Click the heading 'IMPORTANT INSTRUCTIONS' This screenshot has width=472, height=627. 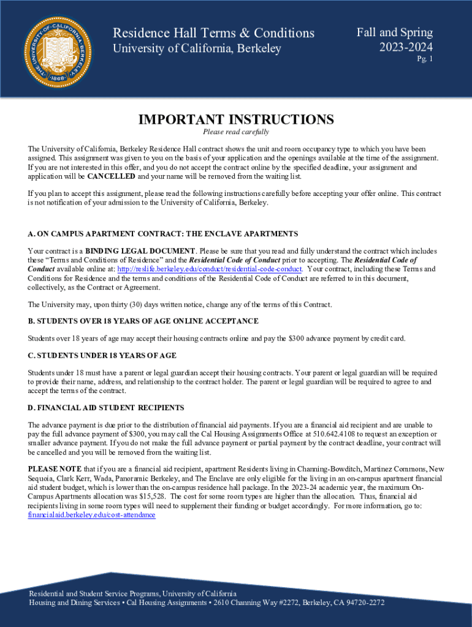click(236, 119)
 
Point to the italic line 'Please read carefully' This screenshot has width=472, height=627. click(236, 132)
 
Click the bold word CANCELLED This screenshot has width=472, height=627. click(112, 176)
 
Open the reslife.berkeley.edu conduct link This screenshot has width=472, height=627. click(210, 269)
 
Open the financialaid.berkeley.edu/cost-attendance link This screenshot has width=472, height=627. click(91, 515)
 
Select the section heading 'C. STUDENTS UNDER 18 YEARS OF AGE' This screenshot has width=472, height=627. click(102, 355)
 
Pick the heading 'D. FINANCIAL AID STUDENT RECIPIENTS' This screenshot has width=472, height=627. click(106, 408)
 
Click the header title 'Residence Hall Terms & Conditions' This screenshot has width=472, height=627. click(213, 33)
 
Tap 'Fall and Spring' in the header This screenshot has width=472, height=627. click(395, 32)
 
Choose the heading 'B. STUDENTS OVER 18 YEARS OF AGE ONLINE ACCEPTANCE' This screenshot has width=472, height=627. click(143, 321)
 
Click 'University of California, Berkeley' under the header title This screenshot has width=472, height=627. click(196, 48)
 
